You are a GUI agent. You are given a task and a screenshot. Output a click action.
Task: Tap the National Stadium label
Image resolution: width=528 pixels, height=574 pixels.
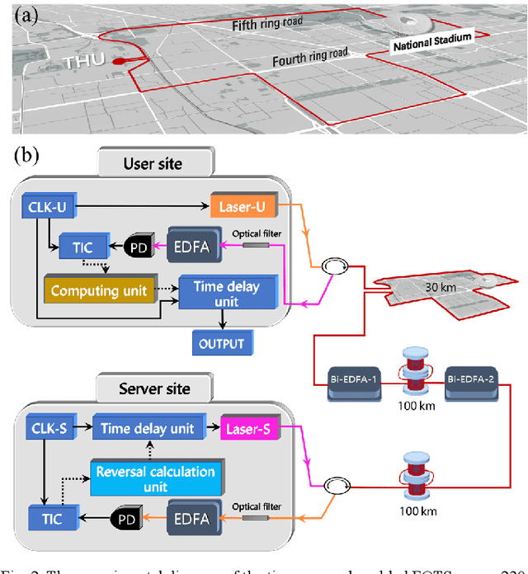click(431, 42)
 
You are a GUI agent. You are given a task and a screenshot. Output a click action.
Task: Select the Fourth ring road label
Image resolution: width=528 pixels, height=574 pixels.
click(309, 59)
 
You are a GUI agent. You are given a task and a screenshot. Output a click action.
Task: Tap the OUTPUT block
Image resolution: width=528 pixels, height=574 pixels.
click(218, 341)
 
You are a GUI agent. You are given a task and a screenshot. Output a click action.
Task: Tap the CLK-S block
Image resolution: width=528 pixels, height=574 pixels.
click(50, 428)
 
